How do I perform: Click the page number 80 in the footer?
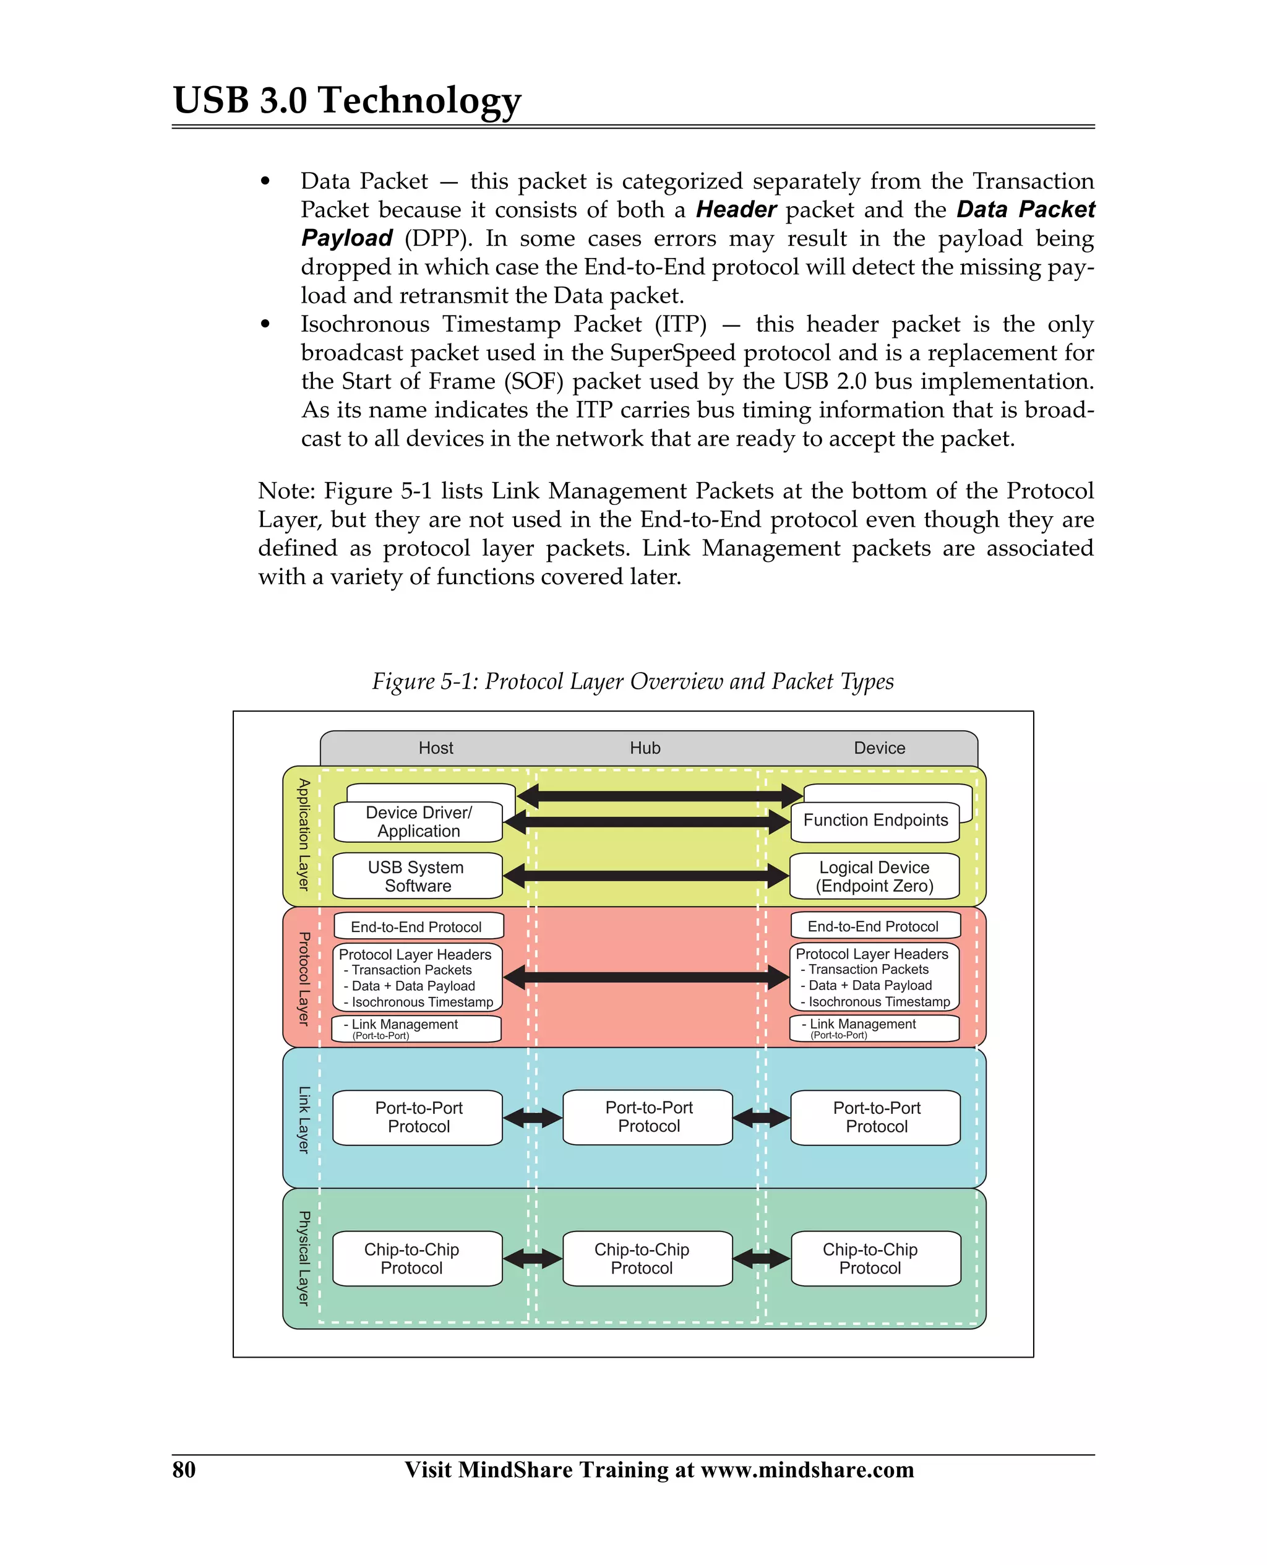click(184, 1469)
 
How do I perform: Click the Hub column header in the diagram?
click(645, 748)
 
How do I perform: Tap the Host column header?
click(436, 748)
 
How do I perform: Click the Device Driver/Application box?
click(418, 822)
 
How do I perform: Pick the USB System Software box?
click(418, 876)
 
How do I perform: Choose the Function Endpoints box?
click(875, 821)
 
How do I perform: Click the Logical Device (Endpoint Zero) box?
click(874, 876)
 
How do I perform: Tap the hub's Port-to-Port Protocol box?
click(648, 1117)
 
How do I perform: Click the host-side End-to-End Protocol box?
click(418, 926)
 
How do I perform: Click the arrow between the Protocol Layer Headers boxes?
click(646, 977)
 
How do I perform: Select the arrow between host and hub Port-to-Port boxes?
click(533, 1118)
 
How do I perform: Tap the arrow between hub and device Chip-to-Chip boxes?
click(761, 1259)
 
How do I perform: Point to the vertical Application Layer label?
click(304, 835)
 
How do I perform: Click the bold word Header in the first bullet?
click(736, 210)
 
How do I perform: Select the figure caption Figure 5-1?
click(633, 681)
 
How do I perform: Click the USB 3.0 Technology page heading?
click(346, 100)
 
